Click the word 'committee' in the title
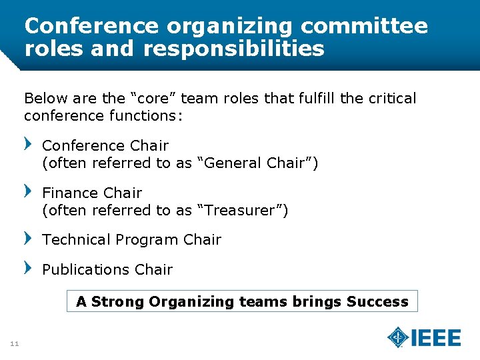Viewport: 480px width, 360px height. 364,26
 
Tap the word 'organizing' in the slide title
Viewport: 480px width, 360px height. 229,27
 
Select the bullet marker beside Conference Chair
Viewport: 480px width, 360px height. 28,144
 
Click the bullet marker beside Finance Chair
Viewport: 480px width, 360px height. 28,191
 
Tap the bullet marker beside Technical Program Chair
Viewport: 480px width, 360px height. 28,238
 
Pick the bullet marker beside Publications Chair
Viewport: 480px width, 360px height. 28,268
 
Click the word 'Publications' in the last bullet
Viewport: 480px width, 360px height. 86,269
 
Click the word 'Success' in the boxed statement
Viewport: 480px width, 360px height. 377,301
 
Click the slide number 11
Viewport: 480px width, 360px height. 14,344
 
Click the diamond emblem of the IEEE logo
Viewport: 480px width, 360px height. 398,337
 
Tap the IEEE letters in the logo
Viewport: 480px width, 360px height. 436,338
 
